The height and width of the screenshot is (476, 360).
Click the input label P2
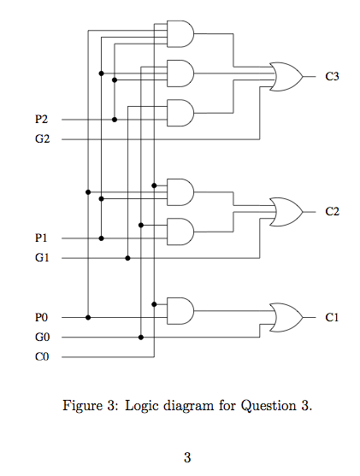[x=42, y=120]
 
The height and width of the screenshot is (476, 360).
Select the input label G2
[x=42, y=138]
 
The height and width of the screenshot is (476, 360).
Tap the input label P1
[x=42, y=238]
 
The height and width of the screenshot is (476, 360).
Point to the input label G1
[x=42, y=257]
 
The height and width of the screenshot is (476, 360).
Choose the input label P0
[x=42, y=317]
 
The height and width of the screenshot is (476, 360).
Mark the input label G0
[x=42, y=337]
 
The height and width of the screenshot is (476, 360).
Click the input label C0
[x=42, y=356]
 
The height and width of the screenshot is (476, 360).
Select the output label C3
[x=332, y=76]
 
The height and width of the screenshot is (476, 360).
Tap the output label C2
[x=332, y=211]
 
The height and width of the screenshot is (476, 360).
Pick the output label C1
[x=332, y=317]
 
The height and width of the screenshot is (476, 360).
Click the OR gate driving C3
[x=286, y=76]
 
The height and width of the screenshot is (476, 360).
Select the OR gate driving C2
[x=286, y=211]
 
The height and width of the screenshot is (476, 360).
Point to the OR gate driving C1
[x=286, y=317]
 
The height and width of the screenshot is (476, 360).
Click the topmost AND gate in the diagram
[x=180, y=34]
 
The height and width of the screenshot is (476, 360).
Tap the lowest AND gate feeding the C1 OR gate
[x=180, y=310]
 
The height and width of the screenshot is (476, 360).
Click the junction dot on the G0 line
[x=140, y=337]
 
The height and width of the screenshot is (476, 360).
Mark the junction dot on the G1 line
[x=127, y=257]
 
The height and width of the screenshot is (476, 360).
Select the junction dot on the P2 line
[x=114, y=120]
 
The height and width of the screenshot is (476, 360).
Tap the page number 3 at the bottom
[x=186, y=456]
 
